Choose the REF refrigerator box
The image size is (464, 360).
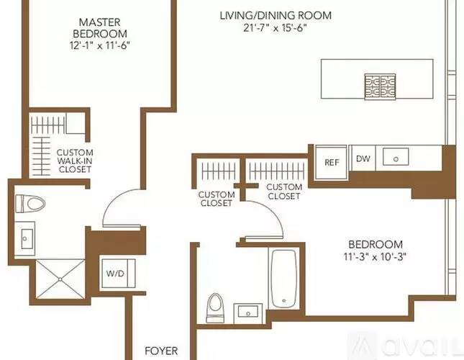pos(332,162)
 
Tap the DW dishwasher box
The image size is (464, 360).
pos(363,159)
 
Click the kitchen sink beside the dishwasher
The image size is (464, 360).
pos(394,157)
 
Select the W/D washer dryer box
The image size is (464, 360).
pos(114,274)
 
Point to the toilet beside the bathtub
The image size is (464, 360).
pos(214,308)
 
